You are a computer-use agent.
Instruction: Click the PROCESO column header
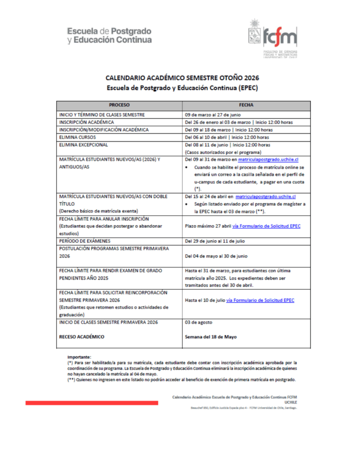[x=120, y=105]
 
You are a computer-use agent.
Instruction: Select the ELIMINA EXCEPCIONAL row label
[x=84, y=145]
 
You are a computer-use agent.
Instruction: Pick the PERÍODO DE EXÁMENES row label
[x=85, y=241]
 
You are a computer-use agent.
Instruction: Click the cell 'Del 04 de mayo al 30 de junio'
[x=217, y=256]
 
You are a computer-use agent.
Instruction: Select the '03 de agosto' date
[x=198, y=322]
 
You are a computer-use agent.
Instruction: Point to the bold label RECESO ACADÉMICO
[x=82, y=337]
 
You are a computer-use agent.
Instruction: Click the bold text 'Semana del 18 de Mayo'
[x=211, y=337]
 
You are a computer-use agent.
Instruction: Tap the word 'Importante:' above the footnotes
[x=79, y=357]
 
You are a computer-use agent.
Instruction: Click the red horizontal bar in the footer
[x=91, y=403]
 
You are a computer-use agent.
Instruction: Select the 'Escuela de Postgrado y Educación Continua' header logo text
[x=109, y=36]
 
